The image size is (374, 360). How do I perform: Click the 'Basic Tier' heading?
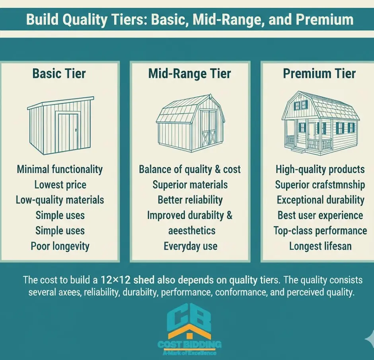point(59,74)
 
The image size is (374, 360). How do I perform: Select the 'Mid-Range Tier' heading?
point(189,74)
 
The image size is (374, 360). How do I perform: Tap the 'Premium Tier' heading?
point(319,74)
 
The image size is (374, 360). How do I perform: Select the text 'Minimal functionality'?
point(60,169)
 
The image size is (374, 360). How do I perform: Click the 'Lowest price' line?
point(60,185)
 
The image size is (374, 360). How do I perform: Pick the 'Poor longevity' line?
point(60,246)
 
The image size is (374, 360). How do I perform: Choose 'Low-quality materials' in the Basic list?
point(60,200)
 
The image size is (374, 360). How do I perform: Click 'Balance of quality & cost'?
point(190,169)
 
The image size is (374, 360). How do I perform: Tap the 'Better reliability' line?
point(190,200)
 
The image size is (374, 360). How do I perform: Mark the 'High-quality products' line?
point(320,169)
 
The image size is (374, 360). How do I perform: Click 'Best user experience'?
point(320,215)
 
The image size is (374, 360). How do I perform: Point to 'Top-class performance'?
point(320,231)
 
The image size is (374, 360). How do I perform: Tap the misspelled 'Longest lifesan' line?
point(320,246)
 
